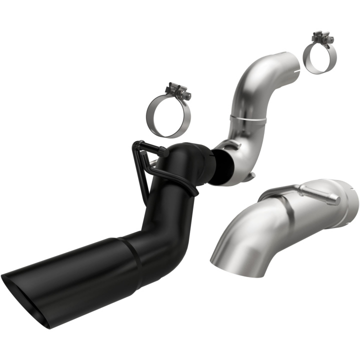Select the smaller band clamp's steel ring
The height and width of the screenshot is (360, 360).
(306, 59)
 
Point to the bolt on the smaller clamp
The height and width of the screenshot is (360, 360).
(318, 38)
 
